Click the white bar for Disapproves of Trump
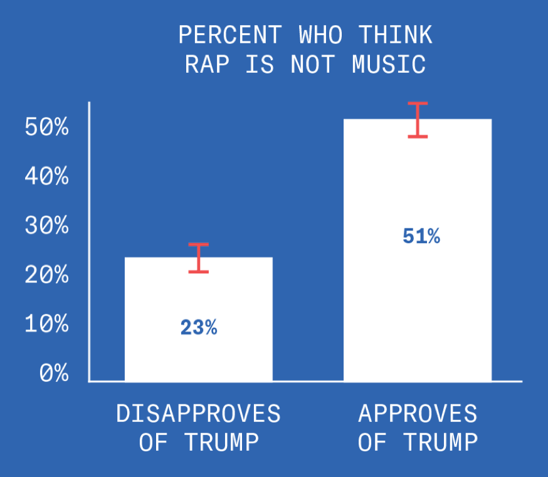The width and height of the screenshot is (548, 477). (198, 295)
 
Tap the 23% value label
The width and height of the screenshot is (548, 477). (199, 328)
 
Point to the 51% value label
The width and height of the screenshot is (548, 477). (421, 237)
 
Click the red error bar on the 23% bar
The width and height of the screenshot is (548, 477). (199, 257)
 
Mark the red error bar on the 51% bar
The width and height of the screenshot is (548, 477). (418, 119)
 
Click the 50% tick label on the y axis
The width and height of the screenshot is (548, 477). (46, 128)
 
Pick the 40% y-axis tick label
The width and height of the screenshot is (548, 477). (46, 177)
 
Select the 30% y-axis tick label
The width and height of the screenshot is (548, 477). (46, 226)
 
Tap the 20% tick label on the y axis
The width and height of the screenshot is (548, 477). (46, 275)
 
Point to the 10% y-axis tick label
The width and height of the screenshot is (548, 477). (46, 324)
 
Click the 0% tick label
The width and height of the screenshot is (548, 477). (54, 373)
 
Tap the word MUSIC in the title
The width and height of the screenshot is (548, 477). (389, 65)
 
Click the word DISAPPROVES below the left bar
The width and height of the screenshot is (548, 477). (199, 414)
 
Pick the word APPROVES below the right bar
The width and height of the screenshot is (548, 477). (418, 414)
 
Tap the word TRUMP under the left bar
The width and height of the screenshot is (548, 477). (222, 442)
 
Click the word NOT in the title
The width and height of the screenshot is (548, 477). (314, 65)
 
